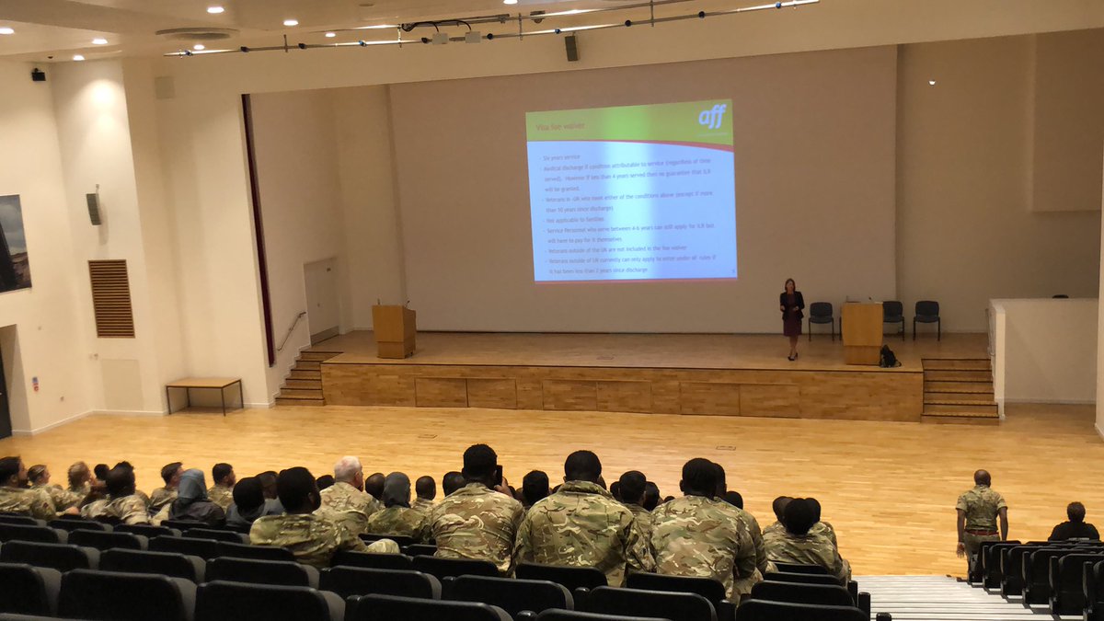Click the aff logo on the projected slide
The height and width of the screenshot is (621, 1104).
click(712, 117)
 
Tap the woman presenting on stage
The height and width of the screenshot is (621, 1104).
click(791, 317)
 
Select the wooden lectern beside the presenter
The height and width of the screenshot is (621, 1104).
click(862, 333)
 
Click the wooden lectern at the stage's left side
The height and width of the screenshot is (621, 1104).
click(394, 330)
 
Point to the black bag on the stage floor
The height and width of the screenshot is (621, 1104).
click(889, 357)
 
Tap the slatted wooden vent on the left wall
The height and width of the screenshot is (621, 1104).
click(111, 298)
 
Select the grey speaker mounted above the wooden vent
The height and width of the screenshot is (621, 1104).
click(94, 208)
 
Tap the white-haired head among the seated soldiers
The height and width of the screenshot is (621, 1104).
click(348, 471)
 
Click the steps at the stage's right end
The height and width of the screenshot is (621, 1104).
click(959, 390)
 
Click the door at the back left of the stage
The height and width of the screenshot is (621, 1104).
click(322, 300)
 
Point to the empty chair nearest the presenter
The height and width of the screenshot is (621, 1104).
click(821, 318)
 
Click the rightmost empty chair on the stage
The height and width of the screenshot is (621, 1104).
click(926, 317)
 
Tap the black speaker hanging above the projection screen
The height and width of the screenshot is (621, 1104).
click(571, 48)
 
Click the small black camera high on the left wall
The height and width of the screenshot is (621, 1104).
click(39, 75)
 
